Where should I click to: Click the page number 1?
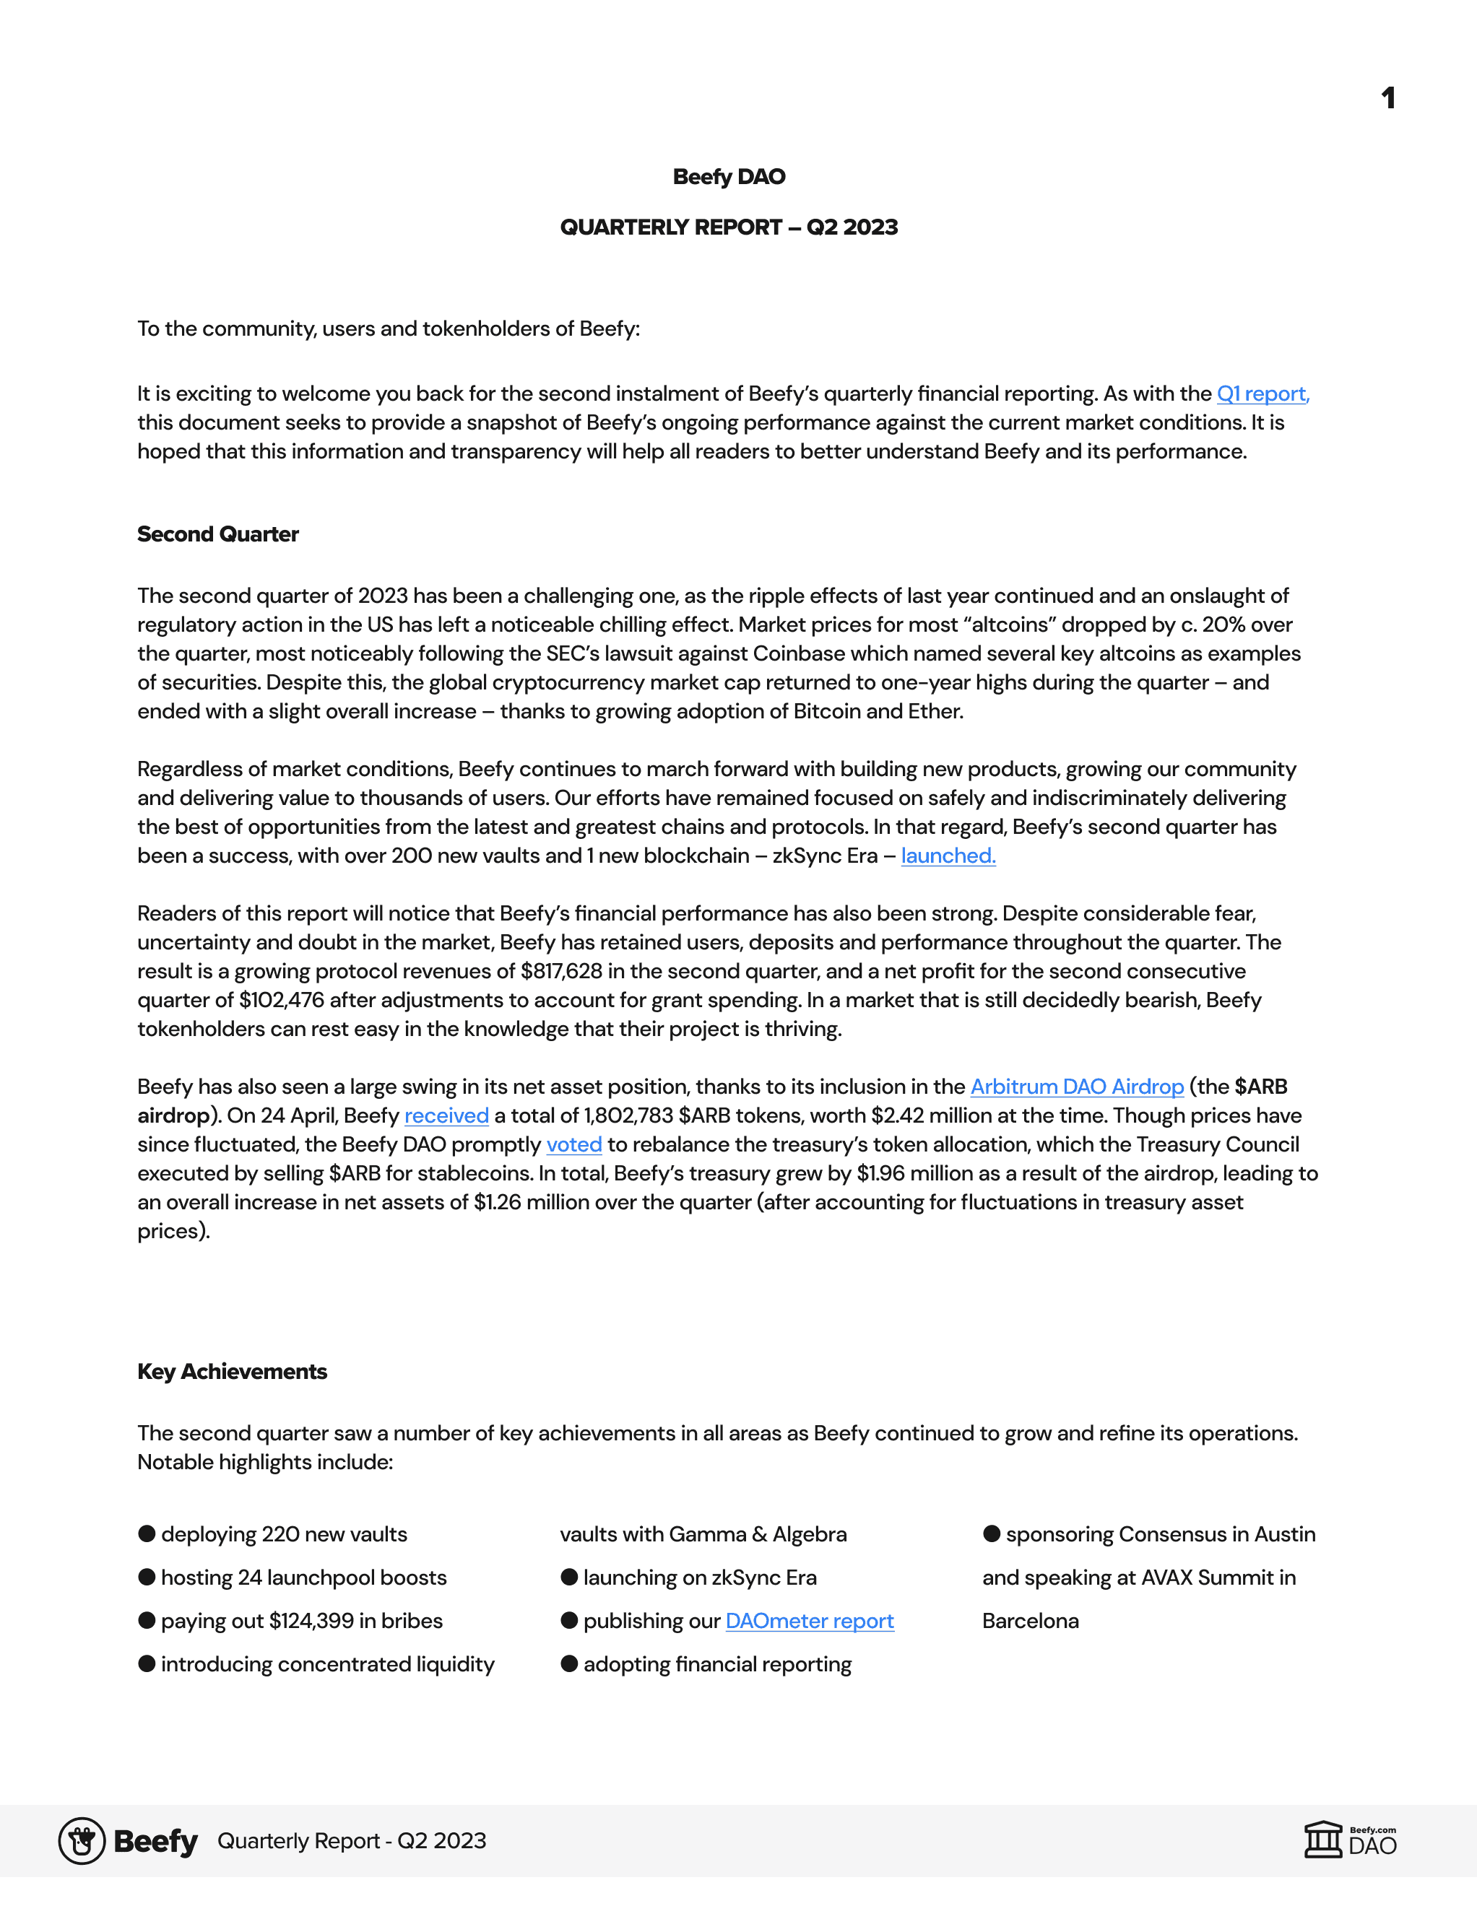(1388, 97)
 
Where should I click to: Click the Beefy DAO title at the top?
(729, 177)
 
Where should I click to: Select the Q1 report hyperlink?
(1262, 393)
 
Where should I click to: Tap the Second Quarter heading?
(218, 534)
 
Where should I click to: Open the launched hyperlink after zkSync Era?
(948, 856)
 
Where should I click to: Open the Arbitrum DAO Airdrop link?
(1076, 1087)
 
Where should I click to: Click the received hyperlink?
(446, 1115)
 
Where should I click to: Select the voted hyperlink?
(573, 1144)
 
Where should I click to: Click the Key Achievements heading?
(232, 1372)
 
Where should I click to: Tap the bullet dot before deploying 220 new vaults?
(147, 1534)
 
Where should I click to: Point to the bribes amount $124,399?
(311, 1621)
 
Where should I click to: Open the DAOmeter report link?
(809, 1621)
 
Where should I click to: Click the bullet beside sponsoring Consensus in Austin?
(992, 1534)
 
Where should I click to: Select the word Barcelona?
(1030, 1621)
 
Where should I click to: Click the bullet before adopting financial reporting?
(569, 1663)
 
